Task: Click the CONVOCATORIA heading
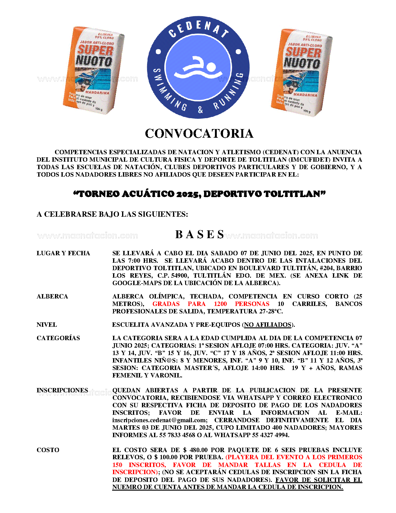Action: point(199,134)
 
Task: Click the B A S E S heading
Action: point(200,234)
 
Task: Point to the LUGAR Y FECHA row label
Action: point(63,253)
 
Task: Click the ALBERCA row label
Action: point(52,297)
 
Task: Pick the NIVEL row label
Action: point(47,325)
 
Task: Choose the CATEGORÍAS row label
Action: point(58,338)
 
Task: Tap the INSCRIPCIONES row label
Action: point(62,391)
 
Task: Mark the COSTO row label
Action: point(48,450)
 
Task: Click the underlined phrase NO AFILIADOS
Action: point(268,325)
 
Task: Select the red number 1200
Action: point(220,304)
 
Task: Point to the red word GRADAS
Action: point(166,304)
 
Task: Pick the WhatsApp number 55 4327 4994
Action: point(270,435)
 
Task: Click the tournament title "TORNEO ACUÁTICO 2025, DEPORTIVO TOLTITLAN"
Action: point(199,194)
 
